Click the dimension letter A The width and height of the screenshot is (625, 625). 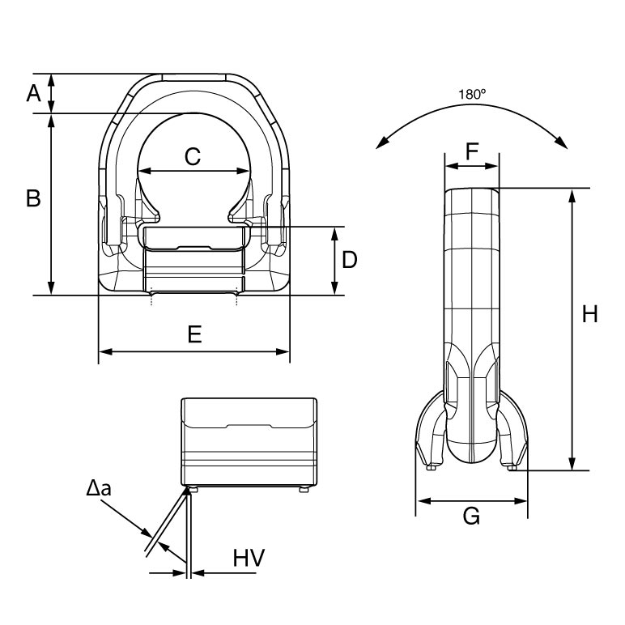pyautogui.click(x=34, y=93)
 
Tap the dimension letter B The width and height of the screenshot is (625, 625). pyautogui.click(x=33, y=198)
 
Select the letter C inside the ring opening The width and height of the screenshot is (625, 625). pyautogui.click(x=193, y=156)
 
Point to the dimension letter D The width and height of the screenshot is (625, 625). pyautogui.click(x=350, y=260)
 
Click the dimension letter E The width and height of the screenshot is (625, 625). pyautogui.click(x=194, y=334)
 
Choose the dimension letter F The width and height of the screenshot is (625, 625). pyautogui.click(x=472, y=151)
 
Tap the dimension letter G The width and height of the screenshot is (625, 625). pyautogui.click(x=471, y=517)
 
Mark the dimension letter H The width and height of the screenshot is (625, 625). pyautogui.click(x=590, y=314)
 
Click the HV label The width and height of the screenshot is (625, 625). pyautogui.click(x=249, y=558)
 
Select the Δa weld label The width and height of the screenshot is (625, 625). pyautogui.click(x=99, y=487)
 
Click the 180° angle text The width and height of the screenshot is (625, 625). pyautogui.click(x=472, y=95)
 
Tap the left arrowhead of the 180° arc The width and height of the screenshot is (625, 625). pyautogui.click(x=383, y=142)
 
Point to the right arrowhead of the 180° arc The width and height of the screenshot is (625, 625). pyautogui.click(x=561, y=142)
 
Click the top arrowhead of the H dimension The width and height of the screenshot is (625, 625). pyautogui.click(x=572, y=196)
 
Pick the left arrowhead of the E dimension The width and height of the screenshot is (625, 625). pyautogui.click(x=105, y=351)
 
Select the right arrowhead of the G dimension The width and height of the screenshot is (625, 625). pyautogui.click(x=521, y=501)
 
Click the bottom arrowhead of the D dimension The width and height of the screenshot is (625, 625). pyautogui.click(x=335, y=287)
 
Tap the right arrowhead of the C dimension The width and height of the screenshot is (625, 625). pyautogui.click(x=243, y=171)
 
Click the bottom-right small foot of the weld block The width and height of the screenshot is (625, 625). pyautogui.click(x=304, y=490)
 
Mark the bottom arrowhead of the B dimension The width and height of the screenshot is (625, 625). pyautogui.click(x=51, y=287)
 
